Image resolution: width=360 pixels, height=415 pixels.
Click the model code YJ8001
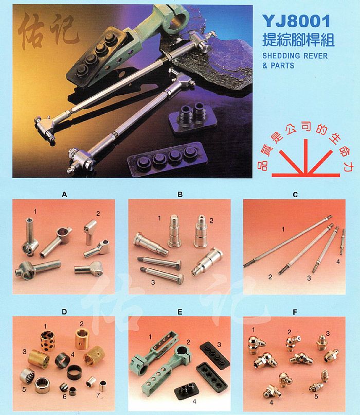[x=296, y=21]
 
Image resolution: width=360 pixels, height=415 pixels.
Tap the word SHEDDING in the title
[x=281, y=56]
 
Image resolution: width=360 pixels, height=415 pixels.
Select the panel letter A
[x=64, y=195]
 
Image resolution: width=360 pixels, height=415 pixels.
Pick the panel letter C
[x=295, y=195]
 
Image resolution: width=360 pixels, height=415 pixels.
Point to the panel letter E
[x=180, y=313]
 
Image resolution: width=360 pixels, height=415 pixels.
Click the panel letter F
[x=295, y=313]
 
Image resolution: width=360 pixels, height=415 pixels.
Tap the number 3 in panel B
[x=153, y=282]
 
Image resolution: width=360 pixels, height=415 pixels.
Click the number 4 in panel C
[x=338, y=262]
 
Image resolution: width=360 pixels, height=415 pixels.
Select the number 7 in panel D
[x=98, y=395]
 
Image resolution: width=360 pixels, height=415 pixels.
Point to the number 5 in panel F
[x=316, y=396]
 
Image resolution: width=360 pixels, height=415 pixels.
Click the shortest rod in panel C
[x=343, y=241]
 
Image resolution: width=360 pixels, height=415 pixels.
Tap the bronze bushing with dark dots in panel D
[x=48, y=341]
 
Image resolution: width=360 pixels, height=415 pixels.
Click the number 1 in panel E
[x=150, y=337]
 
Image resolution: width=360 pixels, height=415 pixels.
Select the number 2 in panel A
[x=98, y=213]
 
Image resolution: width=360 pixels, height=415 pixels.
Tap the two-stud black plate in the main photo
[x=193, y=117]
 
